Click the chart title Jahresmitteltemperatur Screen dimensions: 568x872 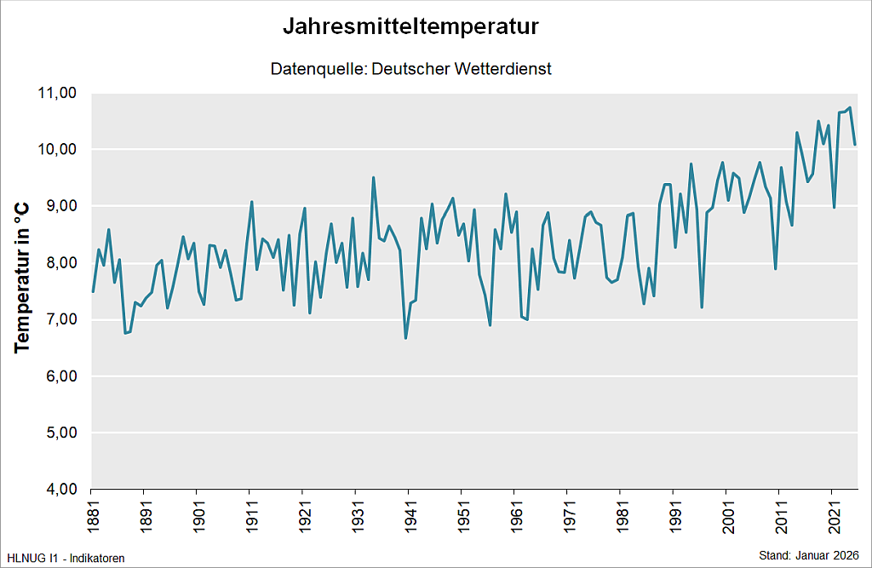411,27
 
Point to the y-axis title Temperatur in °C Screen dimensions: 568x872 22,277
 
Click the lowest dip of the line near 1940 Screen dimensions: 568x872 405,338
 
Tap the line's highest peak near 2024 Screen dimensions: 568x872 850,107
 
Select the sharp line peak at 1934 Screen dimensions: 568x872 373,177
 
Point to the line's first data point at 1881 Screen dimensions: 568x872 92,292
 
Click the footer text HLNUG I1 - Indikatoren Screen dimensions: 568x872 66,559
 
